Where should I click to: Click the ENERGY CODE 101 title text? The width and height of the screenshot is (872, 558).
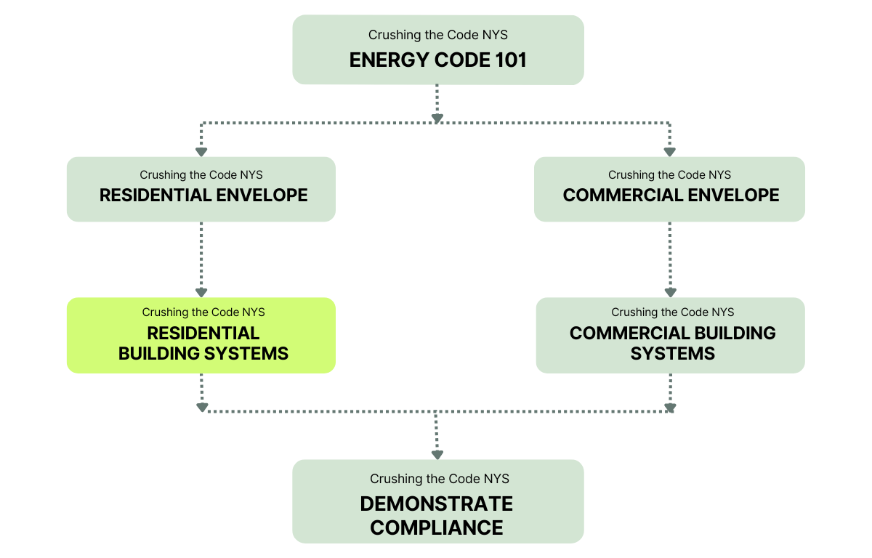pyautogui.click(x=437, y=60)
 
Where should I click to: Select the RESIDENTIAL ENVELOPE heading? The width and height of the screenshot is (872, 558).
pyautogui.click(x=203, y=195)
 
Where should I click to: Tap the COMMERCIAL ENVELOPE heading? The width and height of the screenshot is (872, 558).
pyautogui.click(x=671, y=195)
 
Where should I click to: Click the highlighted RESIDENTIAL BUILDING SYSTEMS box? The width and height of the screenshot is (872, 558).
pyautogui.click(x=201, y=336)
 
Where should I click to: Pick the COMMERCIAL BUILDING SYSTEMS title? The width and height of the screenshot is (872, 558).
pyautogui.click(x=672, y=343)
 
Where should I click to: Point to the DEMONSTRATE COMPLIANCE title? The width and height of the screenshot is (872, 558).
pyautogui.click(x=437, y=515)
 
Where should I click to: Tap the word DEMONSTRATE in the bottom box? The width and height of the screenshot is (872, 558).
pyautogui.click(x=437, y=504)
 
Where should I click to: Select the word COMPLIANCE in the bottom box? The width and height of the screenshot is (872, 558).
pyautogui.click(x=437, y=527)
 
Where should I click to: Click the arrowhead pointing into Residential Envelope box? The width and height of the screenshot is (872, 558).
pyautogui.click(x=201, y=152)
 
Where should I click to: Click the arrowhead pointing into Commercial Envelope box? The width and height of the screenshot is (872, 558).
pyautogui.click(x=669, y=152)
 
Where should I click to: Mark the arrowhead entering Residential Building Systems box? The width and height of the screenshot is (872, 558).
pyautogui.click(x=201, y=293)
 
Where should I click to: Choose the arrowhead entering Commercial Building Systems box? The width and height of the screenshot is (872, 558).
pyautogui.click(x=669, y=293)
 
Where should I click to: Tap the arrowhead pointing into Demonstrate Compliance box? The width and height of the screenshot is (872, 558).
pyautogui.click(x=437, y=455)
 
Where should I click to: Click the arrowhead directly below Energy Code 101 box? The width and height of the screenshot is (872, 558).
pyautogui.click(x=437, y=117)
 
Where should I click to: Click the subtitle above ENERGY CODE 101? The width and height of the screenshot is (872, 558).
pyautogui.click(x=437, y=35)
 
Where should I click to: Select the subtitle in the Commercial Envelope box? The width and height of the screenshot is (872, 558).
pyautogui.click(x=669, y=175)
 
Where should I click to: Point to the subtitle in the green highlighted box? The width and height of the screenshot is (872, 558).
pyautogui.click(x=203, y=312)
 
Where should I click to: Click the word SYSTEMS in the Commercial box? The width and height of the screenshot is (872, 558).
pyautogui.click(x=672, y=354)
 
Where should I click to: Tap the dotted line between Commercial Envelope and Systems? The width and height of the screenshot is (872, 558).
pyautogui.click(x=669, y=258)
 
